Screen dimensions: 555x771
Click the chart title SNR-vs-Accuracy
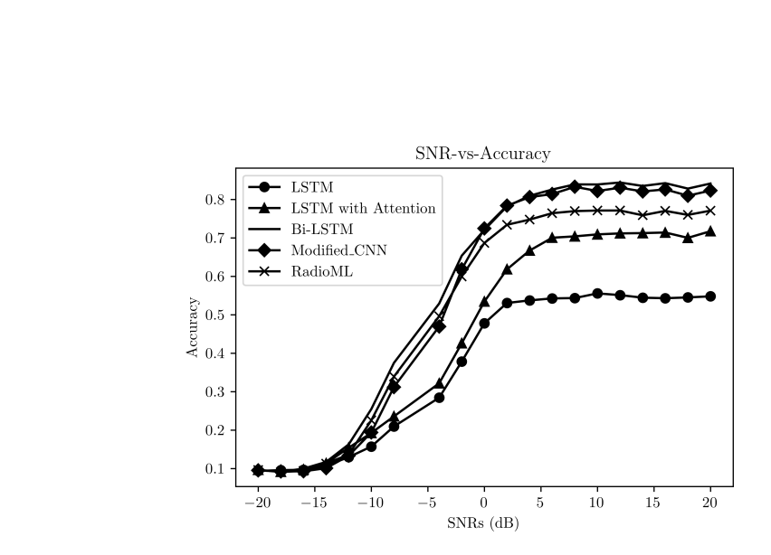(x=482, y=154)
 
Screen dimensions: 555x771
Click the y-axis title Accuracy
(x=193, y=327)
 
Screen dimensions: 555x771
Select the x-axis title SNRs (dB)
(x=483, y=522)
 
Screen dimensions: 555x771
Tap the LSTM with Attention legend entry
(x=363, y=208)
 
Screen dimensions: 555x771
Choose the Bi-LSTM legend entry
(x=321, y=229)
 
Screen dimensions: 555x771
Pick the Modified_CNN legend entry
(x=338, y=250)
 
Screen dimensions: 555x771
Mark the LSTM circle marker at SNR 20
(x=710, y=296)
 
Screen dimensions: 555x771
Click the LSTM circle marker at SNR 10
(x=597, y=294)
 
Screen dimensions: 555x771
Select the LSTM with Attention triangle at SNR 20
(x=710, y=231)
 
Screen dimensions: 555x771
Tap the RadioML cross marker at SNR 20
(x=710, y=211)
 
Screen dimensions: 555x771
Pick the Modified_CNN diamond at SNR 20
(x=710, y=191)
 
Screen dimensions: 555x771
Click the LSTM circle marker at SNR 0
(x=484, y=324)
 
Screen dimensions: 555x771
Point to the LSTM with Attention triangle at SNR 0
(x=484, y=302)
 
